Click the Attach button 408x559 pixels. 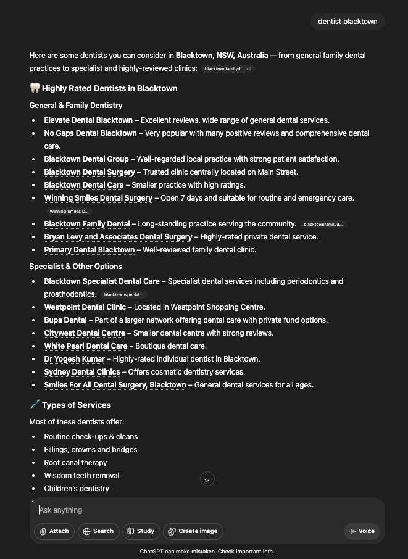click(x=54, y=531)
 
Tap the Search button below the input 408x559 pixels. click(x=98, y=531)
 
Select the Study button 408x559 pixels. click(x=141, y=531)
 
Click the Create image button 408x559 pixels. click(x=193, y=531)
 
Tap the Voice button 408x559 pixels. click(x=362, y=531)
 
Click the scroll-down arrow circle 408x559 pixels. click(x=207, y=479)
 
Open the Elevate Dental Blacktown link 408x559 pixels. click(x=88, y=120)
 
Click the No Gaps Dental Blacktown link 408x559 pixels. click(x=90, y=133)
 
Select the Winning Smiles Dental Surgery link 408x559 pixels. click(x=98, y=198)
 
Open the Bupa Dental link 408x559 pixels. click(x=65, y=320)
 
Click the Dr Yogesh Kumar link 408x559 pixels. click(x=74, y=359)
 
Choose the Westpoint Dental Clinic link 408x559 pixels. click(x=85, y=307)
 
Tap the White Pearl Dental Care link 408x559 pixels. click(x=86, y=346)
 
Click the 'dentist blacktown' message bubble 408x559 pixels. click(x=348, y=22)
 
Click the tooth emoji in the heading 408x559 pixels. click(x=35, y=88)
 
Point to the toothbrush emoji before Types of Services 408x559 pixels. click(x=35, y=405)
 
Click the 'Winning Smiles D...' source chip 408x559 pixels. click(x=69, y=212)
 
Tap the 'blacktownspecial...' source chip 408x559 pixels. click(x=123, y=295)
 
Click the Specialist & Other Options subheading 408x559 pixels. click(x=75, y=267)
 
